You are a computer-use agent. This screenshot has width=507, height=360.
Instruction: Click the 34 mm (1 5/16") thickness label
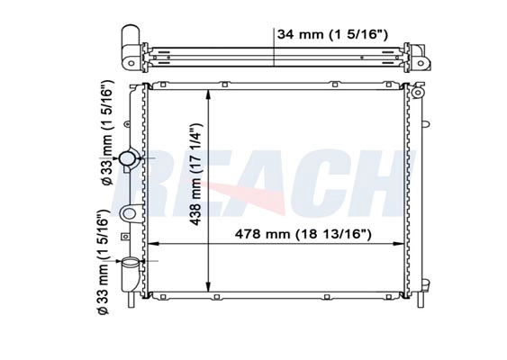click(332, 34)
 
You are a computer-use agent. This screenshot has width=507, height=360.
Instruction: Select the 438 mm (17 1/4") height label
click(195, 175)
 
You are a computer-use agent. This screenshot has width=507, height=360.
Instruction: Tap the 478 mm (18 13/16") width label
click(303, 234)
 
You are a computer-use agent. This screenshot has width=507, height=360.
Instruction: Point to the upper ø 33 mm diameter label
click(106, 132)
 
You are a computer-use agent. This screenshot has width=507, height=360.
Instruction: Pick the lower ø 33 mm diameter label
click(104, 262)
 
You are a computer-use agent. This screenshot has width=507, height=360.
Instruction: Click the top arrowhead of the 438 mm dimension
click(209, 94)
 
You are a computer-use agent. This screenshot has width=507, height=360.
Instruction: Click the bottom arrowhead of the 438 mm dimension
click(209, 286)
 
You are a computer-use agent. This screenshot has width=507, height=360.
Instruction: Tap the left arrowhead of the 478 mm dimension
click(152, 244)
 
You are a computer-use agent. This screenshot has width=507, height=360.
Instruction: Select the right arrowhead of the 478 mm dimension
click(399, 244)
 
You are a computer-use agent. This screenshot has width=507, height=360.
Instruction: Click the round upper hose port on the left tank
click(128, 158)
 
